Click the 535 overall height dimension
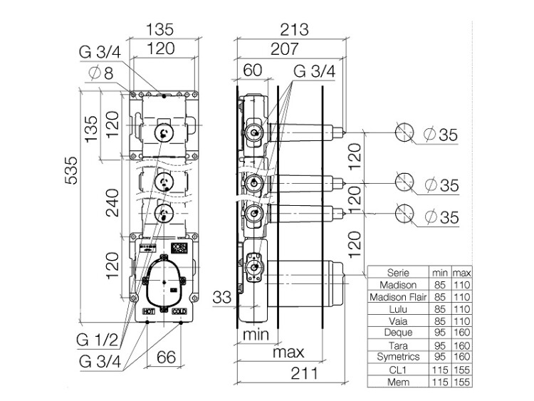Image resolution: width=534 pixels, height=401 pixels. pos(71,170)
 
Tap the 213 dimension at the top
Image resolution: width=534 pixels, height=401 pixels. pos(294,29)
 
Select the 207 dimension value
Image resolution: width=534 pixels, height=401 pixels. pos(284,48)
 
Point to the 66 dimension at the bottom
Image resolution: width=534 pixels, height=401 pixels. pos(166,357)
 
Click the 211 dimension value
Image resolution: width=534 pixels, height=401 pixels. pos(304,373)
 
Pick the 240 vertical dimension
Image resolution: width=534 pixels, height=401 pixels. pos(112,203)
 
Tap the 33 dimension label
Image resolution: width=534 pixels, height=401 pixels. pos(222,297)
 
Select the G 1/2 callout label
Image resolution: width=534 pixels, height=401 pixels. pos(97,340)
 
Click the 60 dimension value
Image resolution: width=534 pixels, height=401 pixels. pos(253,71)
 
